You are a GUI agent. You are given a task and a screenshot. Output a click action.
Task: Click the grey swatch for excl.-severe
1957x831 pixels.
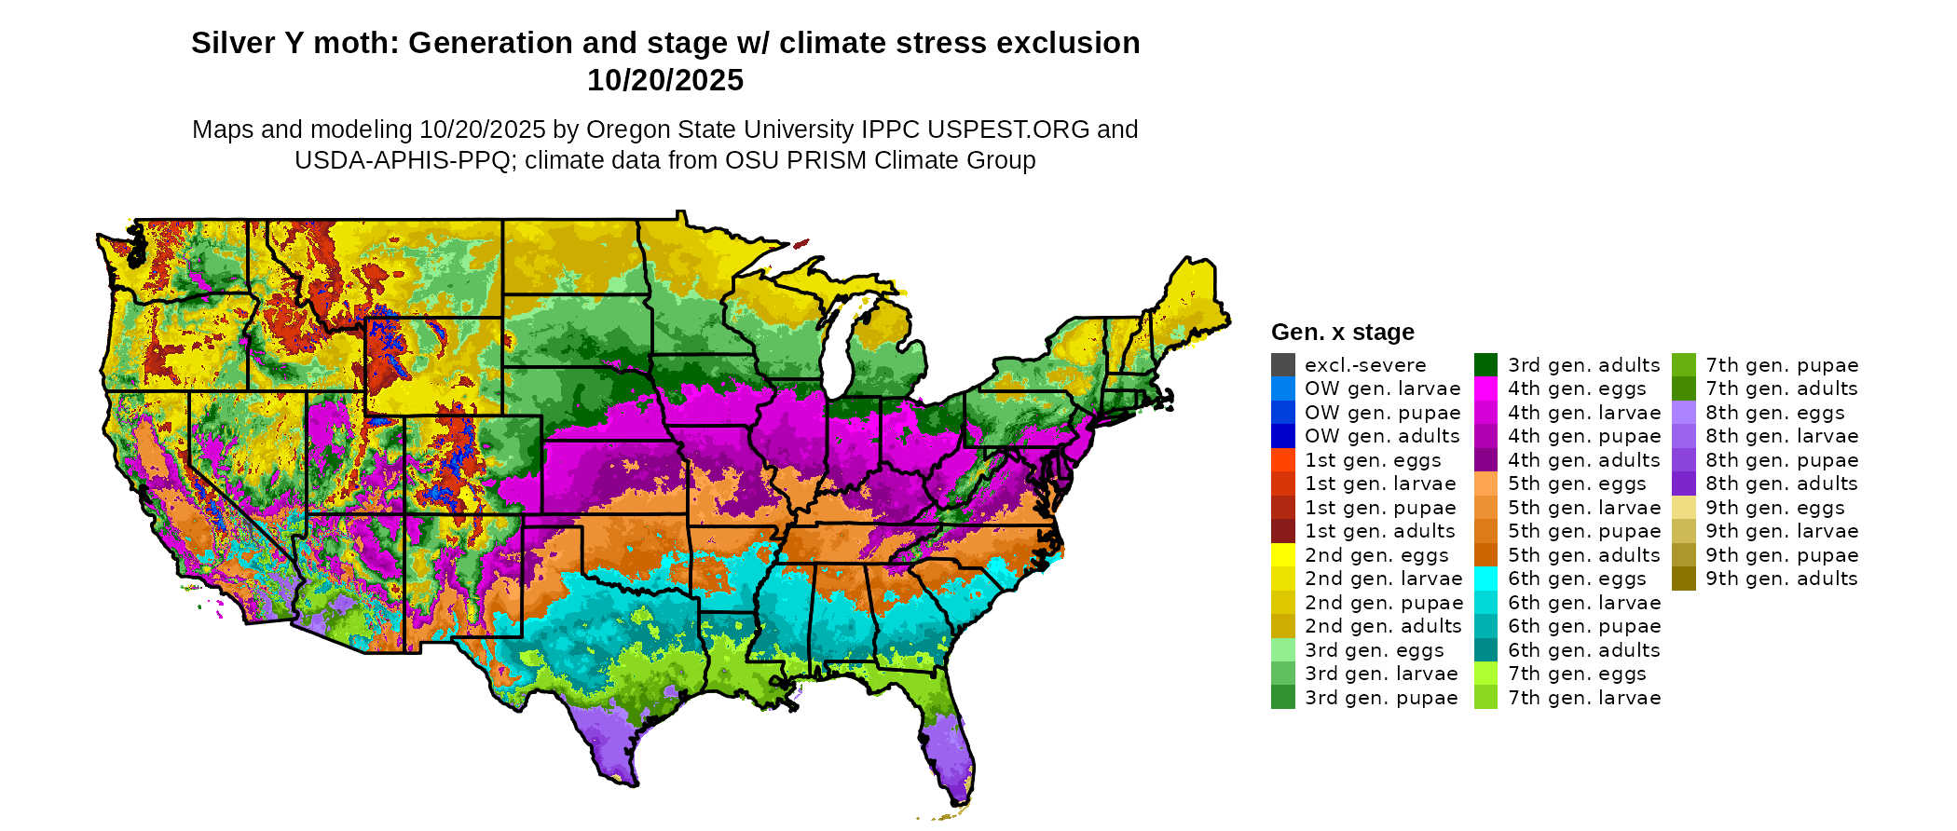pyautogui.click(x=1282, y=365)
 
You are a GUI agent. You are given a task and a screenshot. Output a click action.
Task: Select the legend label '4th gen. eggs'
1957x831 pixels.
pyautogui.click(x=1577, y=388)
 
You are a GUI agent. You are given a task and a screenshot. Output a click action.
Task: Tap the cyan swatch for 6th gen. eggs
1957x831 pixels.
pyautogui.click(x=1485, y=579)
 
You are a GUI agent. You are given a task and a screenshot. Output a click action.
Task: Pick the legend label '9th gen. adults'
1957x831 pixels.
pyautogui.click(x=1781, y=579)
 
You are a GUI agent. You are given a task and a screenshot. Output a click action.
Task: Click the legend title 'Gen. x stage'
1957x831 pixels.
pyautogui.click(x=1342, y=333)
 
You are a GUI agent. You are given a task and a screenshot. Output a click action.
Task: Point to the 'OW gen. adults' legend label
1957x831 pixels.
pyautogui.click(x=1382, y=436)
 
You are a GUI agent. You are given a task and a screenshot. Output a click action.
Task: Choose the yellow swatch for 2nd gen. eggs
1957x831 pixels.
pyautogui.click(x=1282, y=555)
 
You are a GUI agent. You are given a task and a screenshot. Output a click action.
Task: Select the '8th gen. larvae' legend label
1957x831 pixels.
pyautogui.click(x=1782, y=436)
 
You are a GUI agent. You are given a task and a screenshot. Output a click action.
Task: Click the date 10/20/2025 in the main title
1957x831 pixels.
pyautogui.click(x=665, y=80)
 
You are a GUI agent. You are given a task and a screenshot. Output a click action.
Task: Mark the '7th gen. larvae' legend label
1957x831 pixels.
pyautogui.click(x=1584, y=698)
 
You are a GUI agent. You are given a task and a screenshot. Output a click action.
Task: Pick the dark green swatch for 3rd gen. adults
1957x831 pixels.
pyautogui.click(x=1485, y=365)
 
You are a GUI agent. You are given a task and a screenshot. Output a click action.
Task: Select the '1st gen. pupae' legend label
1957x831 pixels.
pyautogui.click(x=1379, y=508)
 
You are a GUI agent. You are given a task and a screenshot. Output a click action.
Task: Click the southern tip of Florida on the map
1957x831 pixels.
pyautogui.click(x=960, y=801)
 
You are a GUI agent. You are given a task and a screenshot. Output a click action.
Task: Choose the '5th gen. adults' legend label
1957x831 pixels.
pyautogui.click(x=1584, y=555)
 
